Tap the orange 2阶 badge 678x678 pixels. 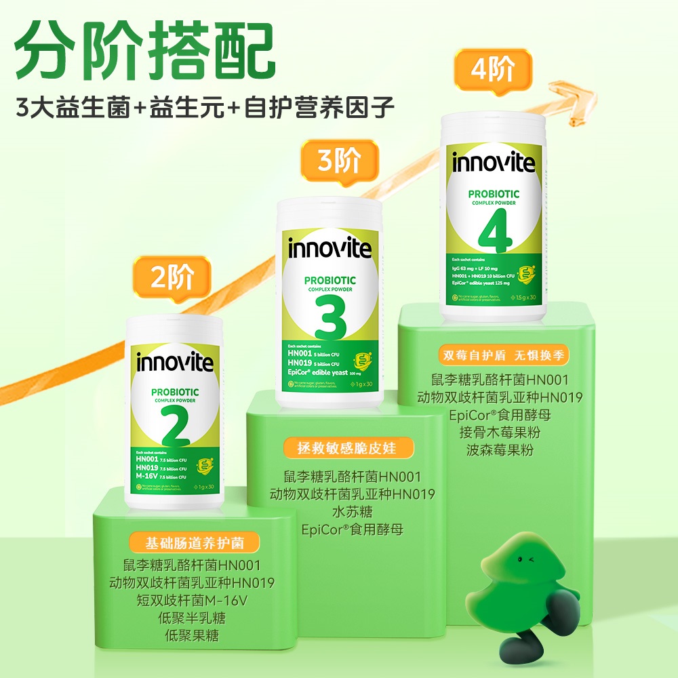(x=172, y=279)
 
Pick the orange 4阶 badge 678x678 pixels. (x=492, y=70)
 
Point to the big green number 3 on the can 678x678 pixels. (x=330, y=316)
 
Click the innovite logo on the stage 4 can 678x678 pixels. (x=494, y=163)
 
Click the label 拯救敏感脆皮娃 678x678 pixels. (x=346, y=447)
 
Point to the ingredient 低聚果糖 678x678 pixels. (x=192, y=636)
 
